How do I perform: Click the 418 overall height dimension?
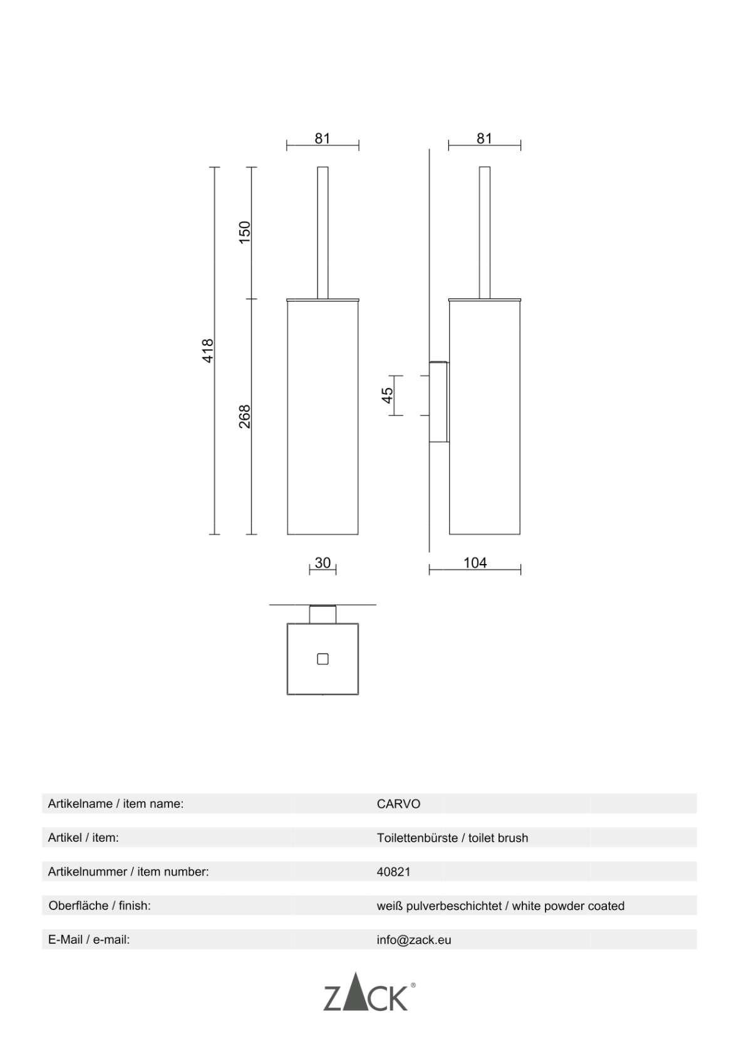209,350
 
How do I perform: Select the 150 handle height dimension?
245,232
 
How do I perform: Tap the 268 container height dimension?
245,416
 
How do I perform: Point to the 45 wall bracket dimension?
388,395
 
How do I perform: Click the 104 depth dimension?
475,563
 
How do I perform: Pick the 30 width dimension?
323,563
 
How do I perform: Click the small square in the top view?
323,659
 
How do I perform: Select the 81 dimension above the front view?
323,139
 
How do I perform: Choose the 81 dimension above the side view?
484,139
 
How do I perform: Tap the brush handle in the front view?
323,232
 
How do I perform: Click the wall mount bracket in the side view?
438,401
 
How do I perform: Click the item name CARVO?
398,804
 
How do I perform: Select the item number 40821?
393,872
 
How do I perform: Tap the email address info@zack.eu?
413,940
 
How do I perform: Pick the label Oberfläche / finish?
100,906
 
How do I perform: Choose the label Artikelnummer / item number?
128,872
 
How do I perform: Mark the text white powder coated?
568,906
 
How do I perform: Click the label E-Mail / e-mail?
89,940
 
